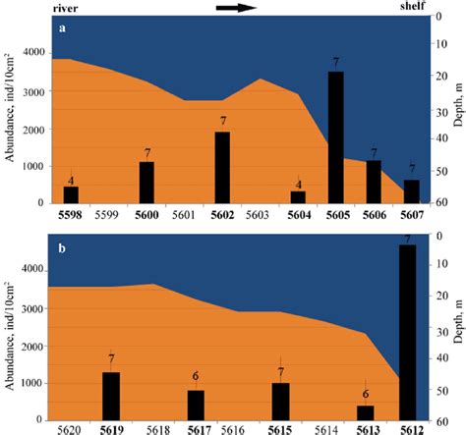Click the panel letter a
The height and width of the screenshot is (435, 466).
pos(62,27)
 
